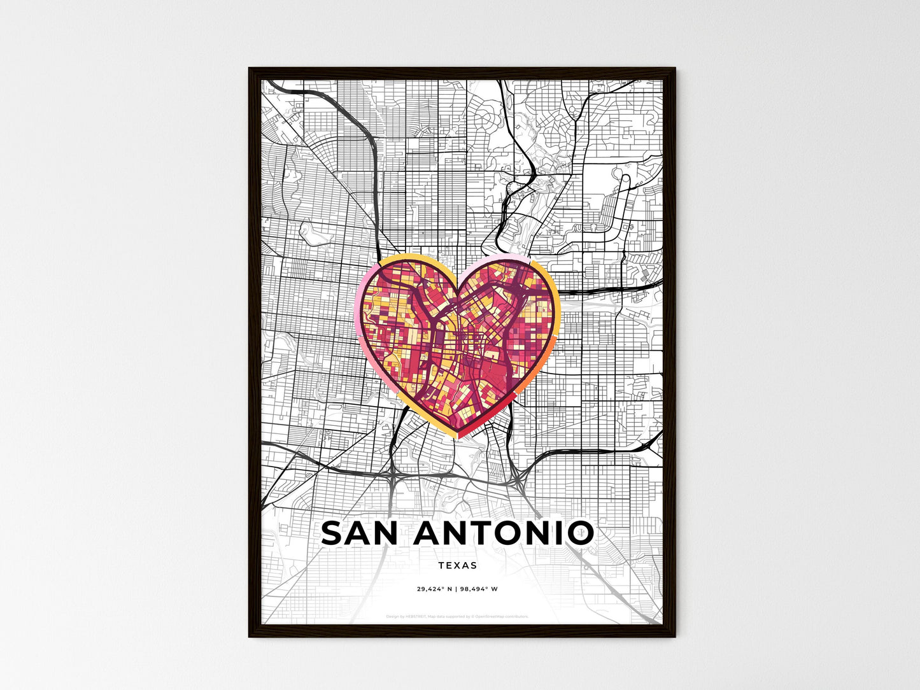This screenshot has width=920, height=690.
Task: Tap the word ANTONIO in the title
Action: (504, 533)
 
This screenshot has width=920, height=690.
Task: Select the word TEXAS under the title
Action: (458, 565)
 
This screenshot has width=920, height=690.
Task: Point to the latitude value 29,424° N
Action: (434, 589)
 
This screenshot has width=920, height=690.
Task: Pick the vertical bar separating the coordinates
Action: (457, 589)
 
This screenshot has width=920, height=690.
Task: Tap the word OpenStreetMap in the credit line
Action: (493, 617)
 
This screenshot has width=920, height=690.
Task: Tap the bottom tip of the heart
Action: (457, 437)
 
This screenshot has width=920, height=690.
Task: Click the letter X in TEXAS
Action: (457, 565)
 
